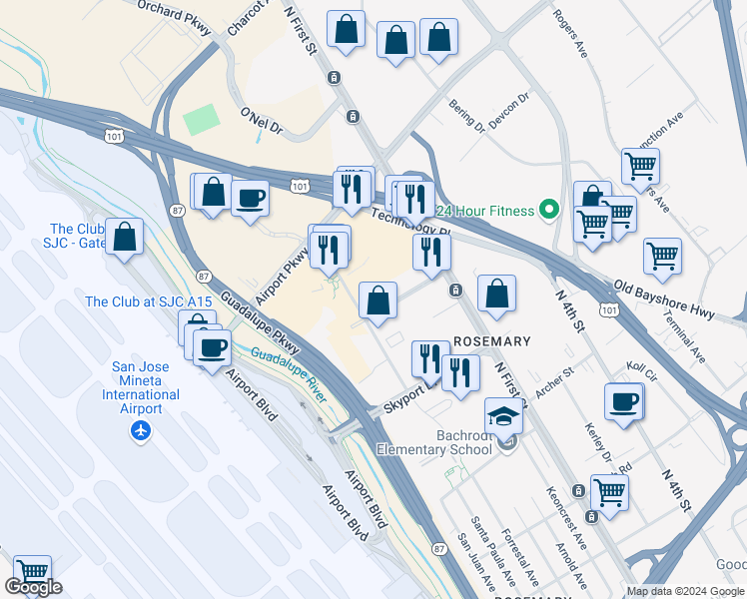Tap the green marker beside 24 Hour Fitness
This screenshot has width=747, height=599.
point(548,210)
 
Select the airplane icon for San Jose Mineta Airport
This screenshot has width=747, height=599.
point(140,430)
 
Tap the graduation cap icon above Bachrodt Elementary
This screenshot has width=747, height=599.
point(504,414)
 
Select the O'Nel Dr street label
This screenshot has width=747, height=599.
point(262,122)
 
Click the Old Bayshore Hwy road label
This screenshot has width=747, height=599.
point(664,299)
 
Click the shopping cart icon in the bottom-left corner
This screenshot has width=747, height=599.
point(32,573)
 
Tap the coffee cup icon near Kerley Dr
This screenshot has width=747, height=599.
point(624,401)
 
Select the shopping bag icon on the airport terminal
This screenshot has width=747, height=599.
point(125,237)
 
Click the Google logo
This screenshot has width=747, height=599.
point(33,587)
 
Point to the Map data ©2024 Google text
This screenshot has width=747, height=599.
point(685,591)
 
